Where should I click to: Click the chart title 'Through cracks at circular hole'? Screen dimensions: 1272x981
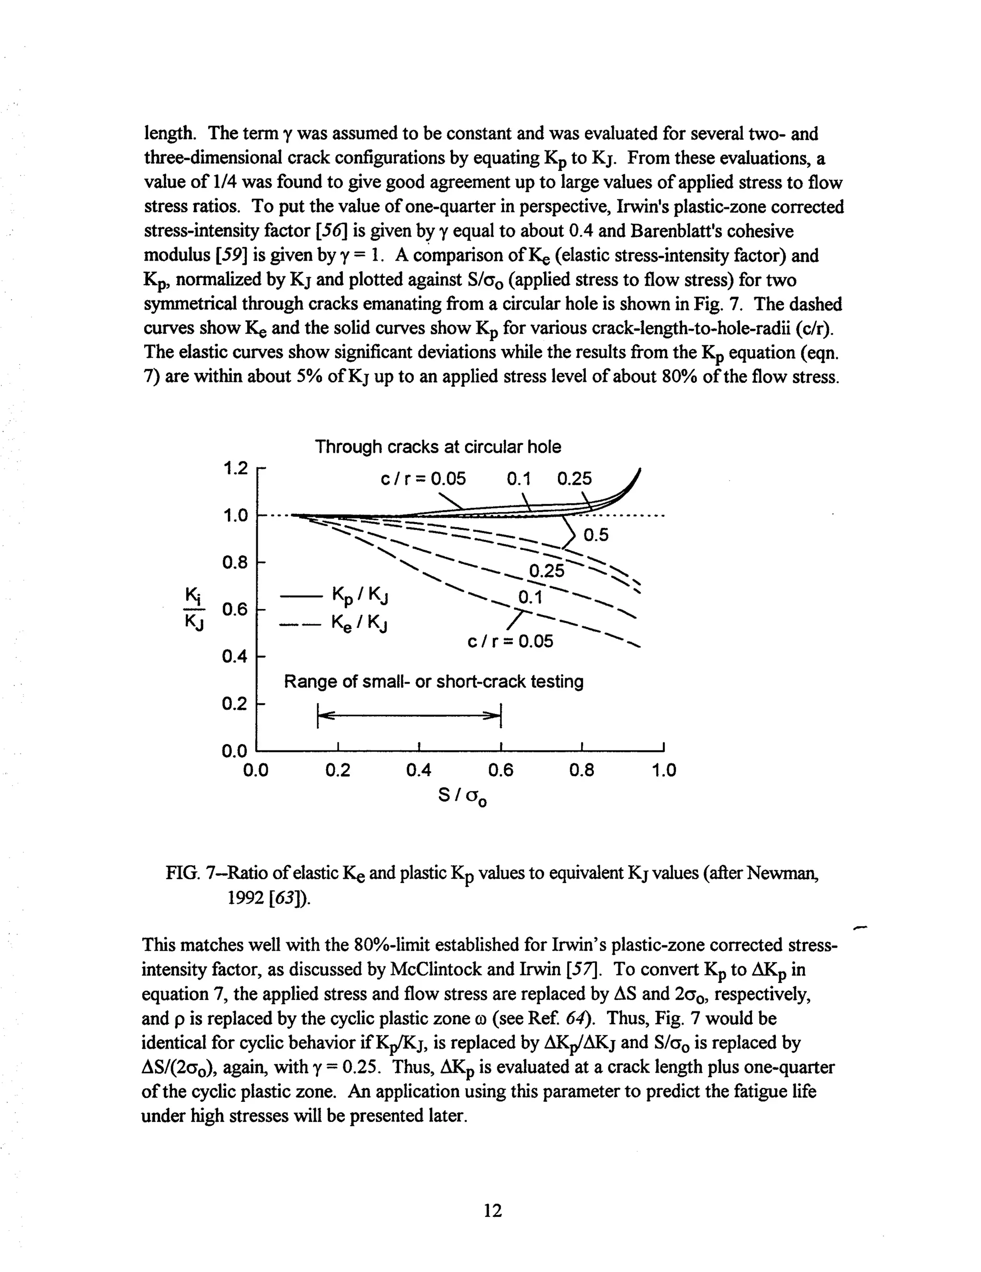tap(438, 447)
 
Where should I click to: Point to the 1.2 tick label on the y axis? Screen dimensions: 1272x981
tap(235, 468)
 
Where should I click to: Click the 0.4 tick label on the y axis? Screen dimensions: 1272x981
tap(235, 657)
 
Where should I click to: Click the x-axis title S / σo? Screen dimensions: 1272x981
tap(462, 796)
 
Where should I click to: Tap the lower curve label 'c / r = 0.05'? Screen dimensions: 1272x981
tap(510, 642)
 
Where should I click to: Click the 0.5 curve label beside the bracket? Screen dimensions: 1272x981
tap(595, 535)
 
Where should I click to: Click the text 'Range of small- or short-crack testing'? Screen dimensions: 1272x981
tap(433, 681)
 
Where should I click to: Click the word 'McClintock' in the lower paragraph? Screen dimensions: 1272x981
tap(431, 970)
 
